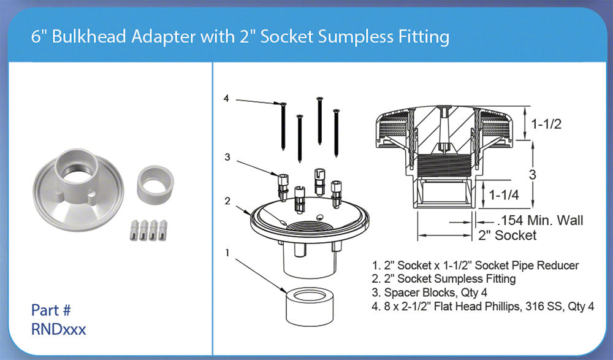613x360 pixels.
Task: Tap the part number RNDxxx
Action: [58, 329]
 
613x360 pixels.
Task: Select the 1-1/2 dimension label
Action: [546, 123]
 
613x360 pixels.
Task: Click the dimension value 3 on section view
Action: [532, 174]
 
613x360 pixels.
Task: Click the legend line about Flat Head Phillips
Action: [483, 305]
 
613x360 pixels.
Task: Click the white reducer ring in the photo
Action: [155, 183]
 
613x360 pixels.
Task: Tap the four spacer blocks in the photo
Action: [149, 230]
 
